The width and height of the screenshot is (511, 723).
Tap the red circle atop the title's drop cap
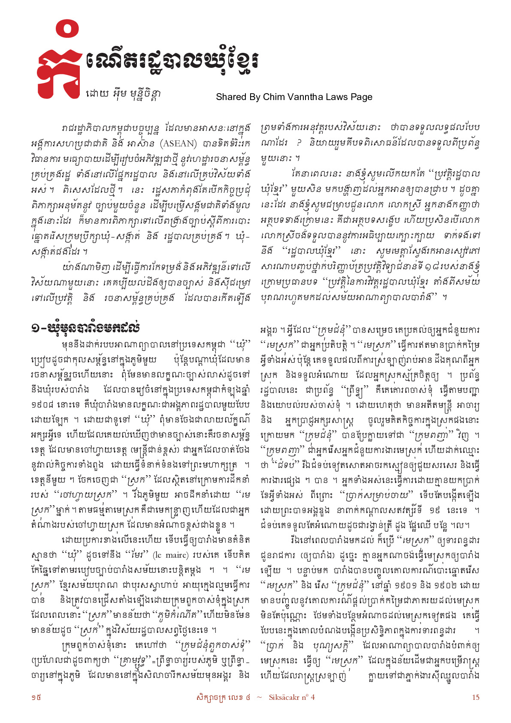[x=67, y=30]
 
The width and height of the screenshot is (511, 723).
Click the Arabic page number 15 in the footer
[x=475, y=697]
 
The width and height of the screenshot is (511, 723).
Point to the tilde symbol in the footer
[x=259, y=697]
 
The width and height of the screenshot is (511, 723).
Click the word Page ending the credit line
[x=362, y=97]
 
